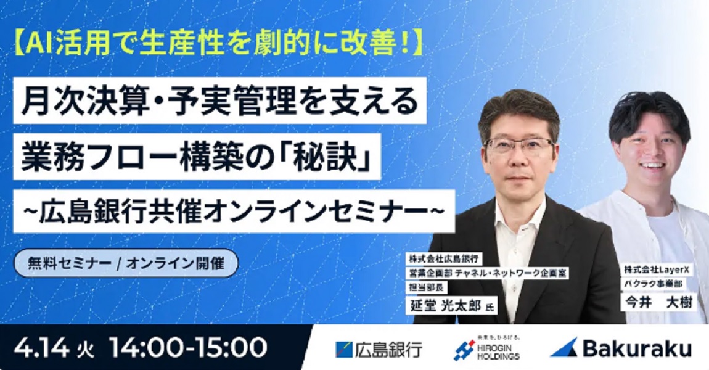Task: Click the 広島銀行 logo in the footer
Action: (379, 350)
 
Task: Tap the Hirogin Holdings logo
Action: (486, 348)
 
